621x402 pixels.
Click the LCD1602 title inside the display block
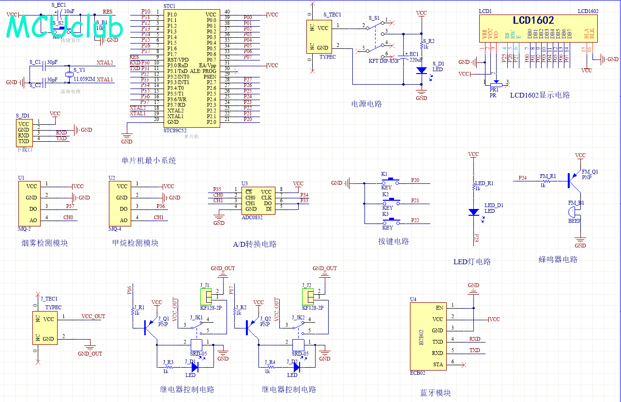pyautogui.click(x=533, y=20)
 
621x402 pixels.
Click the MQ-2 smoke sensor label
pyautogui.click(x=25, y=229)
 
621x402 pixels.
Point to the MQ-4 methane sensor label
pyautogui.click(x=115, y=229)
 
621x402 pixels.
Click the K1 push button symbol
pyautogui.click(x=390, y=182)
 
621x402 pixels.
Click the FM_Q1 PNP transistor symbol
pyautogui.click(x=573, y=179)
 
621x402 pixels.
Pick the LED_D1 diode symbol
pyautogui.click(x=473, y=212)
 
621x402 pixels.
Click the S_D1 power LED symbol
pyautogui.click(x=422, y=70)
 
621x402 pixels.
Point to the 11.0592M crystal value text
pyautogui.click(x=84, y=79)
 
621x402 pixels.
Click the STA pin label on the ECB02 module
pyautogui.click(x=438, y=364)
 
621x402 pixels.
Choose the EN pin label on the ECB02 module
pyautogui.click(x=439, y=308)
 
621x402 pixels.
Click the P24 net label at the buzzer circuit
pyautogui.click(x=522, y=178)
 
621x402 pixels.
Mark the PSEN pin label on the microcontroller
pyautogui.click(x=210, y=77)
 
